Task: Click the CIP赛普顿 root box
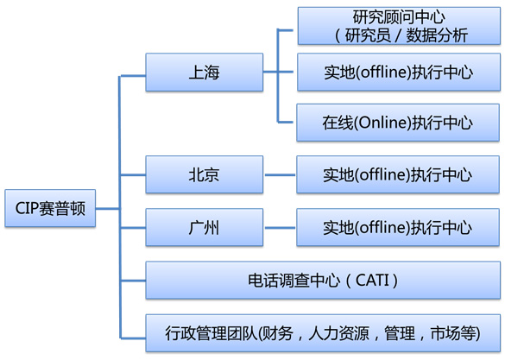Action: [50, 208]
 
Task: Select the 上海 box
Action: [205, 73]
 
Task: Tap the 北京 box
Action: [205, 174]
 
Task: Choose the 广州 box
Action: [205, 227]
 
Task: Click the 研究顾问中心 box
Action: [399, 26]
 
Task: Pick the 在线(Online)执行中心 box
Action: [398, 123]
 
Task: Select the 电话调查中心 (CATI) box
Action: [323, 280]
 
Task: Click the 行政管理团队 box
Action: [323, 333]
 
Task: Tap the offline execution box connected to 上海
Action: [399, 73]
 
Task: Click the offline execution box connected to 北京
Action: [398, 174]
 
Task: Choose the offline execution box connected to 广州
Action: [398, 227]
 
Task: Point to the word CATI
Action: [372, 280]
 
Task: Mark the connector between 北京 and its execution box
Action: [280, 175]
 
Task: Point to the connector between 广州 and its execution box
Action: [280, 228]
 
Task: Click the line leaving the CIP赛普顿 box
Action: [108, 209]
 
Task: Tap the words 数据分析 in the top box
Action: [437, 35]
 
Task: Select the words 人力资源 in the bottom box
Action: [338, 333]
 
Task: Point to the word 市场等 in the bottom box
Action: [453, 333]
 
